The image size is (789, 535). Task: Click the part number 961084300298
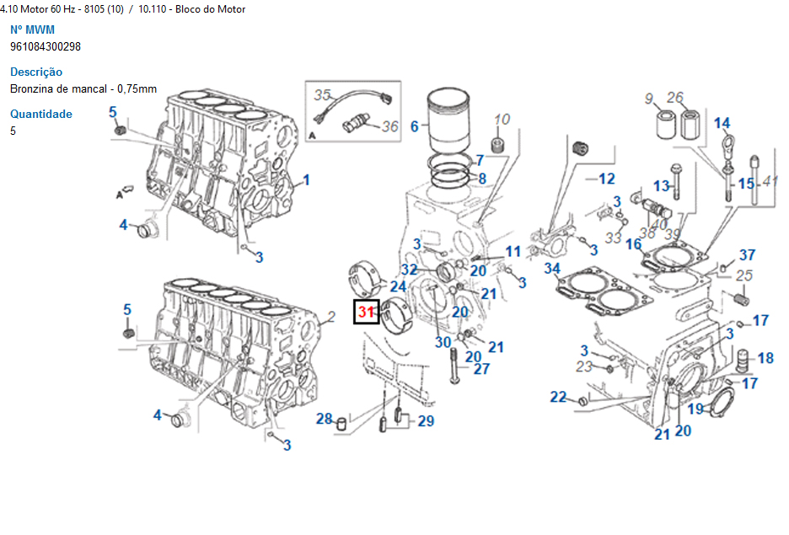click(x=46, y=46)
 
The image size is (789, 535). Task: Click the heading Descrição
click(x=36, y=72)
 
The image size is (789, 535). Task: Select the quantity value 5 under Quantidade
click(x=13, y=131)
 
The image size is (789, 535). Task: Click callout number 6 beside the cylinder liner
click(x=414, y=126)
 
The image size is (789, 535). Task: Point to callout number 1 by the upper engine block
click(x=307, y=179)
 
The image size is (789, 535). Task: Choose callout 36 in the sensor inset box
click(x=389, y=126)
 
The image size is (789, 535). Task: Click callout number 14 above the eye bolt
click(x=722, y=124)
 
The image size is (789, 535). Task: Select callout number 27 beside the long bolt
click(x=480, y=369)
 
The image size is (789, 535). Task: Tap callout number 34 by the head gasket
click(x=552, y=269)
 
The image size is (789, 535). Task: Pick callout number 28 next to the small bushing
click(x=325, y=419)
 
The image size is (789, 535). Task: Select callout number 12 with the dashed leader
click(x=607, y=179)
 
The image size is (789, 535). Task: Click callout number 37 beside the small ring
click(x=747, y=255)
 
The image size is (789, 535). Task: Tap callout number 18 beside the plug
click(x=765, y=358)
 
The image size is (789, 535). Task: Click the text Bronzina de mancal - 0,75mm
click(x=83, y=88)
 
